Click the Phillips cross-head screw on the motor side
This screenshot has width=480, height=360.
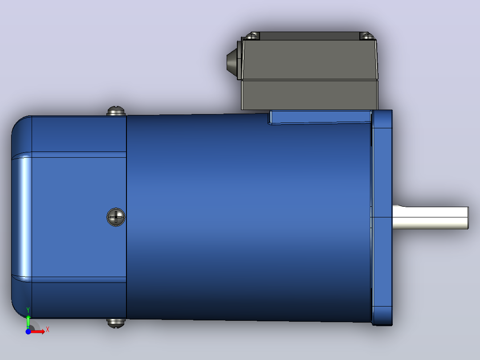[x=116, y=217]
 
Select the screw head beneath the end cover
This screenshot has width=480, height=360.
[x=116, y=323]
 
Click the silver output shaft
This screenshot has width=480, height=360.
[x=430, y=217]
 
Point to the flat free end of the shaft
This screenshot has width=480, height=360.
[x=468, y=218]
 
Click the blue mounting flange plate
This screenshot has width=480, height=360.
[x=382, y=217]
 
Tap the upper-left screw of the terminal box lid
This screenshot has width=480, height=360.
[x=252, y=36]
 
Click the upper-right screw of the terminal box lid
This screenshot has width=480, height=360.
[x=367, y=36]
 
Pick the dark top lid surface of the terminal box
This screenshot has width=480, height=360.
[x=309, y=36]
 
